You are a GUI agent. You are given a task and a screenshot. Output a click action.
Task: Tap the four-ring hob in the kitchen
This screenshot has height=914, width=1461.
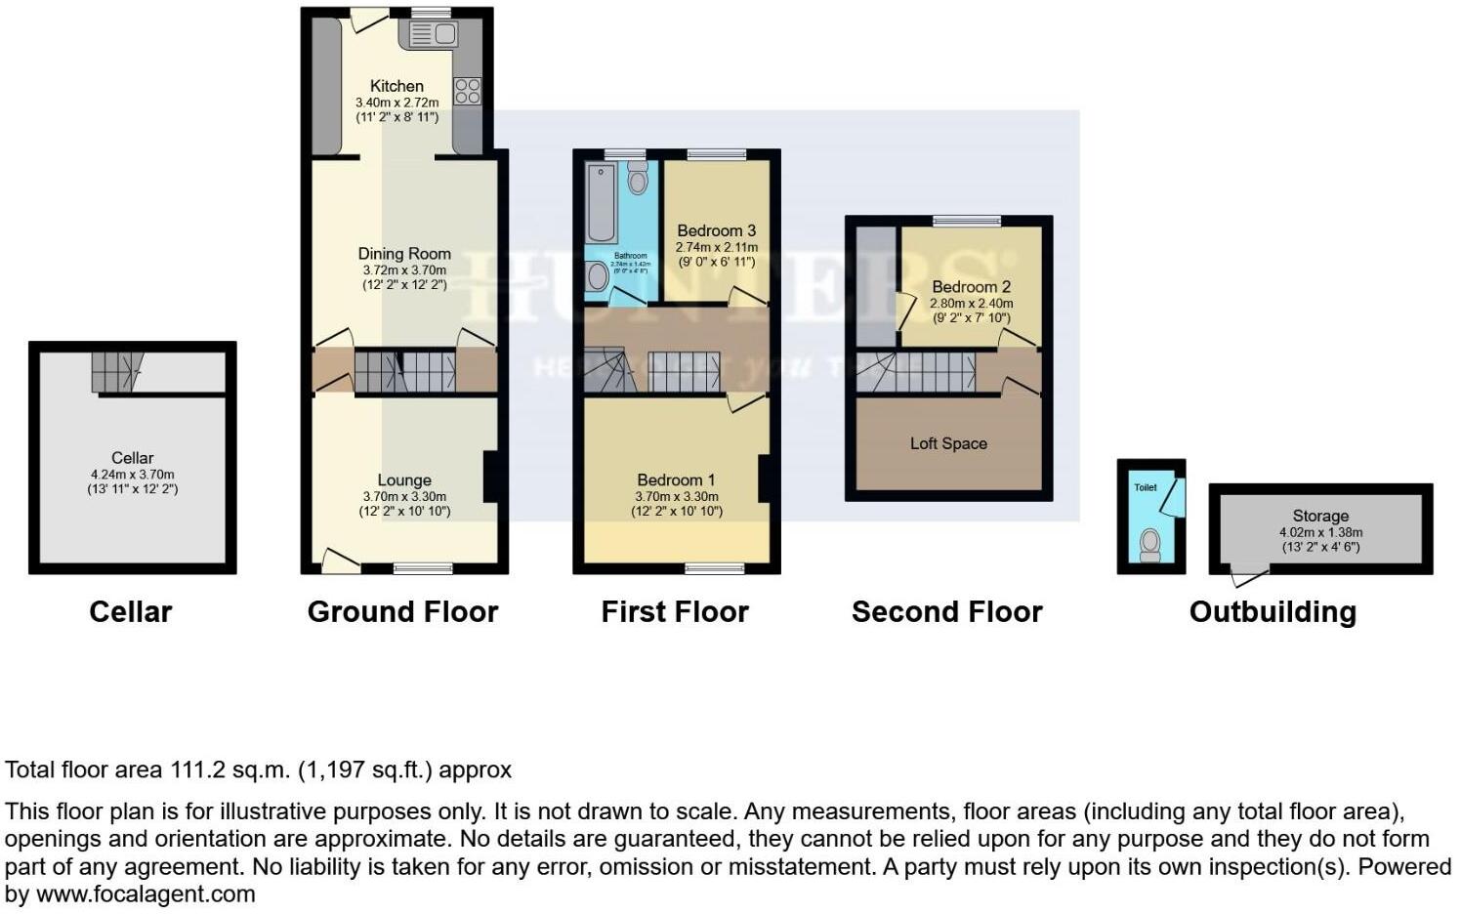[x=468, y=91]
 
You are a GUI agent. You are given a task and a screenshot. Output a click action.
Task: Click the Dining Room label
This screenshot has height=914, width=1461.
[x=403, y=253]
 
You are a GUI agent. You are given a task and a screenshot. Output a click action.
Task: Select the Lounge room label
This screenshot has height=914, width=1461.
[x=404, y=479]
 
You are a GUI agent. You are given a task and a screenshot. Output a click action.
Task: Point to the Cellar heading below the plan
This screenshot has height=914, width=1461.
[x=130, y=612]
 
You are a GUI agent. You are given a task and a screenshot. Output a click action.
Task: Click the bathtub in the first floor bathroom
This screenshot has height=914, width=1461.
[x=601, y=202]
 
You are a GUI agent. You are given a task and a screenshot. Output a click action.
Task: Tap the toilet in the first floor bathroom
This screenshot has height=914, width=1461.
[x=638, y=179]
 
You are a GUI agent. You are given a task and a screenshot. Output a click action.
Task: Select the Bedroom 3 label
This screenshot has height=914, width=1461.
[x=716, y=230]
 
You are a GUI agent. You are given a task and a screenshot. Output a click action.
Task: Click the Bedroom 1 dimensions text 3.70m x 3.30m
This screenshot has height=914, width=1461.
[x=676, y=496]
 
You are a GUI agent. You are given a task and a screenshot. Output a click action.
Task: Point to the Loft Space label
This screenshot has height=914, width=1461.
[x=948, y=443]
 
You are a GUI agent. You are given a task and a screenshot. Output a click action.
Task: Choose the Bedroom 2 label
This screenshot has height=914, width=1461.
[x=971, y=286]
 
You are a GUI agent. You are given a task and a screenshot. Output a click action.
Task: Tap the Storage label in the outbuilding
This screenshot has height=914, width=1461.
[x=1320, y=516]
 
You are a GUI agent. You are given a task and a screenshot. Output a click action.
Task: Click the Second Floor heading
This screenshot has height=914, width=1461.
[x=946, y=612]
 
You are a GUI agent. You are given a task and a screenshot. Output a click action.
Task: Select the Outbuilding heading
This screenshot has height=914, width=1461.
[x=1273, y=612]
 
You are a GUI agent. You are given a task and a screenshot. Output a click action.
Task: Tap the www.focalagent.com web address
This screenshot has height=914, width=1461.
[x=145, y=893]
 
